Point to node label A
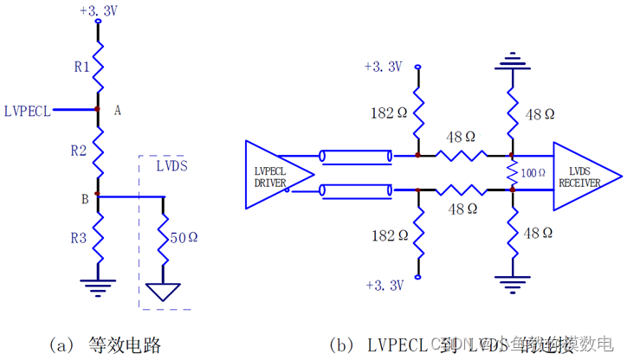coord(118,110)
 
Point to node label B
coord(85,200)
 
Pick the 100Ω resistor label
coord(533,173)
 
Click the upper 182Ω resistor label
coord(385,113)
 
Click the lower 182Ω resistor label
coord(385,235)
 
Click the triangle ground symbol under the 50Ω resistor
coord(164,293)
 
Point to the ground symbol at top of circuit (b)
coord(511,62)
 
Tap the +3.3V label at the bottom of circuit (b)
coord(384,284)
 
